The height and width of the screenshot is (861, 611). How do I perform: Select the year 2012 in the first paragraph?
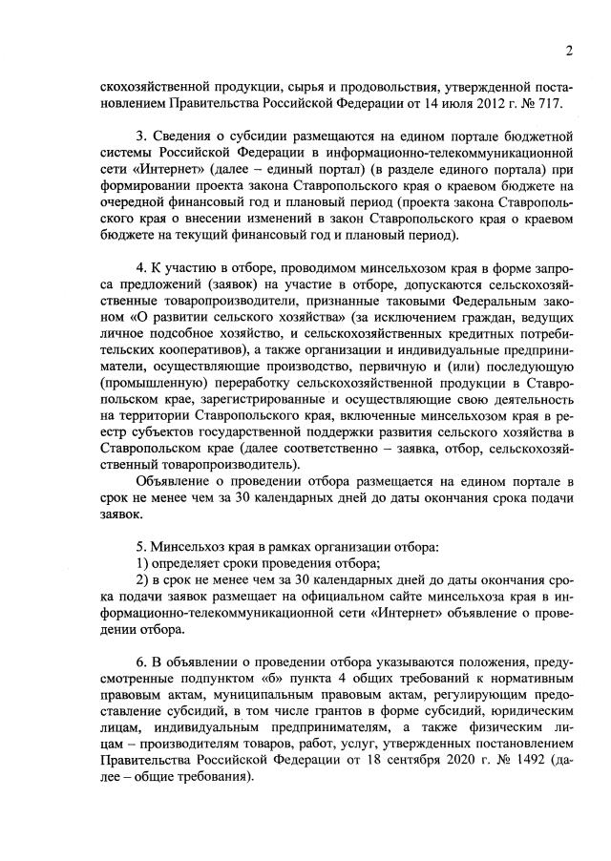point(470,102)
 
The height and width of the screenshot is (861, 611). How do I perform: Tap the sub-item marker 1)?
point(143,563)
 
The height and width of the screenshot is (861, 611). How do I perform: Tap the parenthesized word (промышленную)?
point(149,397)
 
